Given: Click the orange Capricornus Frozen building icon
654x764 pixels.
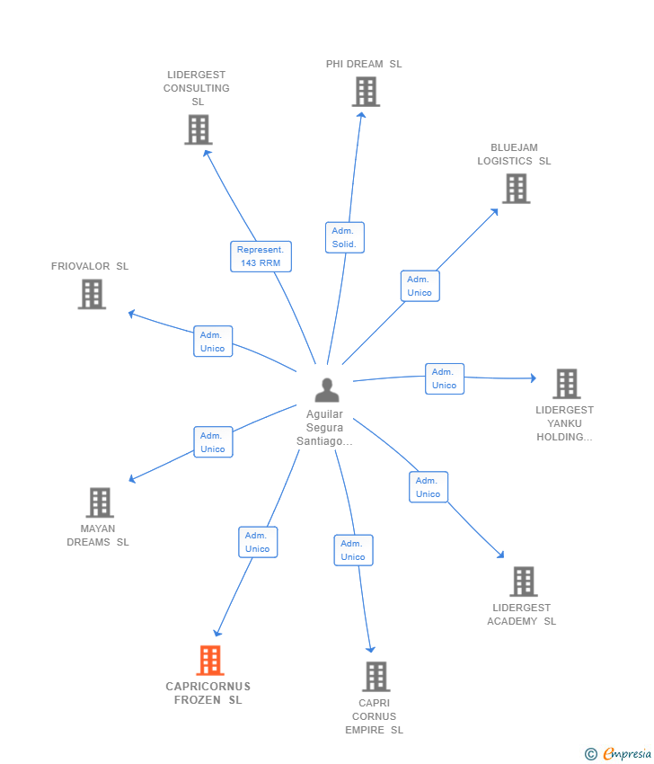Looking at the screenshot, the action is [210, 661].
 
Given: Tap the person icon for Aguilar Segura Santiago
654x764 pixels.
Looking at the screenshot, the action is [327, 390].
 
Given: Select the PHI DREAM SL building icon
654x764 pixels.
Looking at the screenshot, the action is [366, 92].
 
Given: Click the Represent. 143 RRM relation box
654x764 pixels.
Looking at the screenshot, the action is [261, 256].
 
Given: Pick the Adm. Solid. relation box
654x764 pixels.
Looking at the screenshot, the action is [345, 237].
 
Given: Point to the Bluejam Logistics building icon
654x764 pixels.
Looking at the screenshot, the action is [517, 189].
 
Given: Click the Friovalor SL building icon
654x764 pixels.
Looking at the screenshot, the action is [92, 294].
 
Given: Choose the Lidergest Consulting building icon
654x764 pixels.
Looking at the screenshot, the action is [199, 129].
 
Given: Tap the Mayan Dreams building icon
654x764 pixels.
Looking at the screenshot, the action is [100, 502].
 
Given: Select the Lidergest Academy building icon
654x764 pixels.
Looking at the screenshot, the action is [524, 582].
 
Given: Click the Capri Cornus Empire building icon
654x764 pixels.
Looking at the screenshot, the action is [376, 676].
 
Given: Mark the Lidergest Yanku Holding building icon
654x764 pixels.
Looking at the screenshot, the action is [567, 384].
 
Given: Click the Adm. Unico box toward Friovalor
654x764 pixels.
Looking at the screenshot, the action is [213, 341].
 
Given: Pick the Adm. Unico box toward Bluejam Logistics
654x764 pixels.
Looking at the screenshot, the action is [420, 286].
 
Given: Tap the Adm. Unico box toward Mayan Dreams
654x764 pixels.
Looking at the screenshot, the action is [213, 442].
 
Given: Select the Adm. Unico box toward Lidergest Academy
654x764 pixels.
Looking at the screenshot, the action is [429, 487].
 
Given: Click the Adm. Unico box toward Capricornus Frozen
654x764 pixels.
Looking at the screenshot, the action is [258, 542].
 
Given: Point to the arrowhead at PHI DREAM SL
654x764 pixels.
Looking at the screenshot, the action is [361, 115].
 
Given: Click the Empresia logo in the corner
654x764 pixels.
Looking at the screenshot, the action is [618, 754].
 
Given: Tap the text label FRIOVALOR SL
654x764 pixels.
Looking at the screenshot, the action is [90, 266].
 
